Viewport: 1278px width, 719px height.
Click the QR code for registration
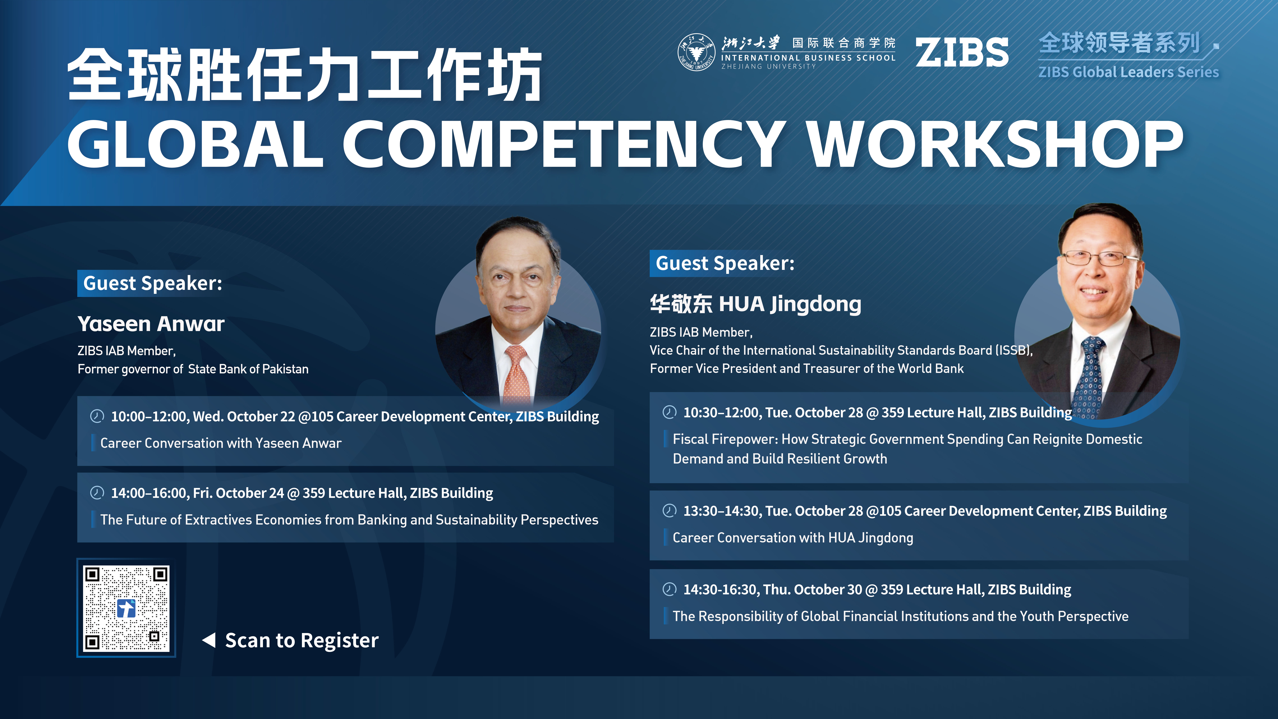coord(126,608)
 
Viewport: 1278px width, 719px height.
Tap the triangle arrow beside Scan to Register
coord(209,640)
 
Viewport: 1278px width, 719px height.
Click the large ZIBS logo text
coord(962,53)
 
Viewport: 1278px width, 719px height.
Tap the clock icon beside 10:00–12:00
coord(97,416)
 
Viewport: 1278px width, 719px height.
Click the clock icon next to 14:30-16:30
coord(669,589)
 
